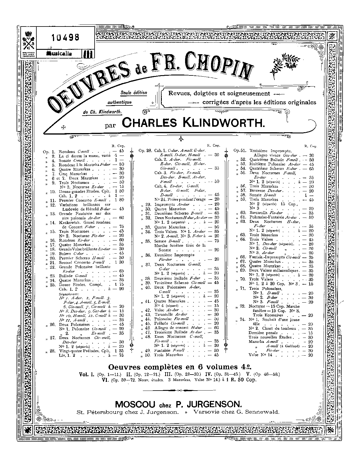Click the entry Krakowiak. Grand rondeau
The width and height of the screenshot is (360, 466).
click(85, 223)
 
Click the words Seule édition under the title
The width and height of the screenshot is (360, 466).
click(134, 93)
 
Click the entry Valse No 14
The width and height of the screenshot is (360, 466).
click(260, 355)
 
